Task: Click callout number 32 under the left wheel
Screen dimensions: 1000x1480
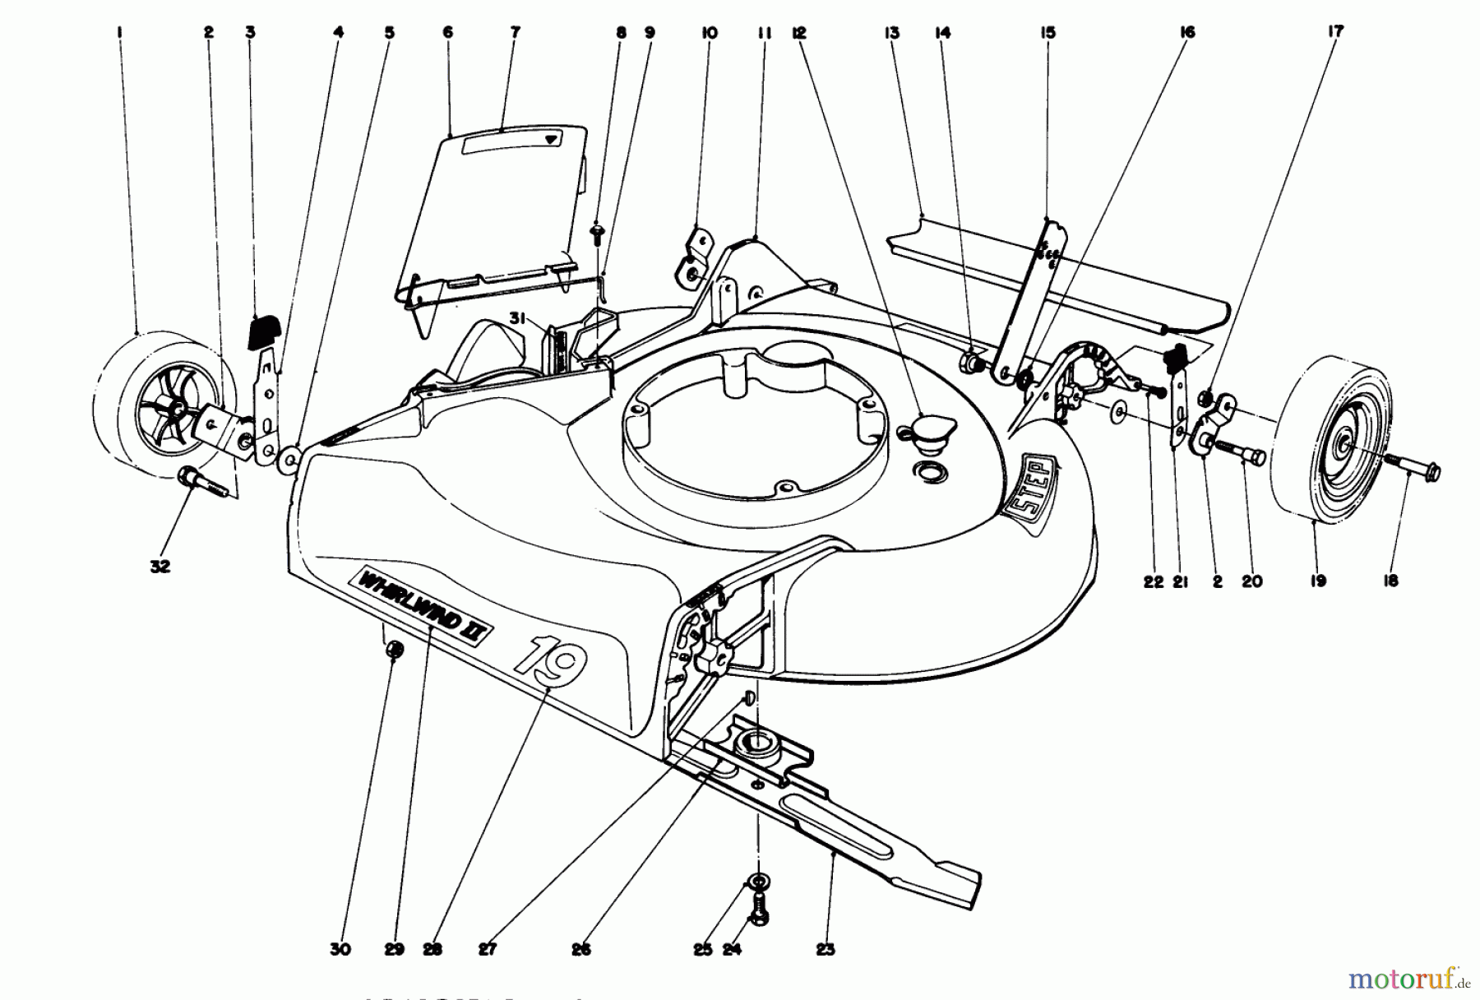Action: [x=160, y=567]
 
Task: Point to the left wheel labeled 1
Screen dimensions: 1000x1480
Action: [x=156, y=411]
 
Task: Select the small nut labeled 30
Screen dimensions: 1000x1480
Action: [x=395, y=650]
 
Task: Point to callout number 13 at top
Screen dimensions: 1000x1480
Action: [x=890, y=32]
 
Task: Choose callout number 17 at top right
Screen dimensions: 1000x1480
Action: [x=1335, y=31]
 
